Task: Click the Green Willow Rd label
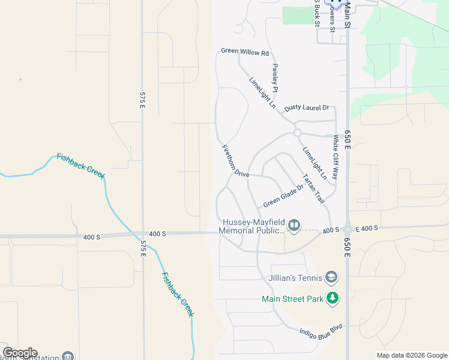(245, 52)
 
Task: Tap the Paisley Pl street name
(276, 77)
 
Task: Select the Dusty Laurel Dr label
(307, 108)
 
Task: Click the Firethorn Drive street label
(235, 161)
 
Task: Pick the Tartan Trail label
(314, 188)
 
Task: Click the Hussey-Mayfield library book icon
(294, 226)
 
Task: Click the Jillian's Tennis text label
(294, 277)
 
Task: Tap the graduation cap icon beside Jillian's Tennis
(331, 277)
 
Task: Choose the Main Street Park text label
(292, 298)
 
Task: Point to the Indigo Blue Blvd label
(321, 329)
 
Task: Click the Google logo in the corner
(20, 353)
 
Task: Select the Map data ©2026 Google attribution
(412, 355)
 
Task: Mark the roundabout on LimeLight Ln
(297, 132)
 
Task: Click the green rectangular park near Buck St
(298, 16)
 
